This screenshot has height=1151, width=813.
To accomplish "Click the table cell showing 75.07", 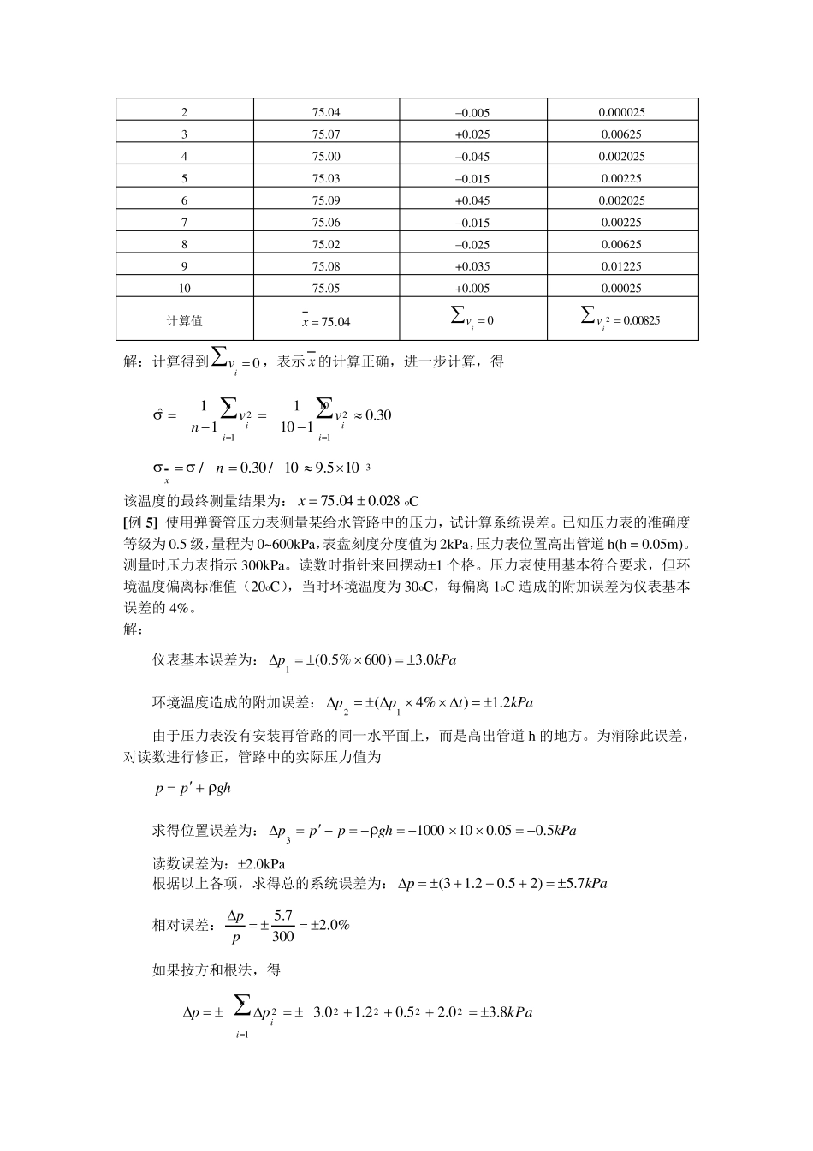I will coord(326,134).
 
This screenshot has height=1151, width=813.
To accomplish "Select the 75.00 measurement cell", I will coord(326,157).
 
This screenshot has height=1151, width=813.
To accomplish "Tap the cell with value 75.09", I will coord(326,200).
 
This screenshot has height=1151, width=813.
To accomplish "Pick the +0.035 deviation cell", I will coord(472,266).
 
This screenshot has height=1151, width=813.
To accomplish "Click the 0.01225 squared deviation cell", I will coord(621,266).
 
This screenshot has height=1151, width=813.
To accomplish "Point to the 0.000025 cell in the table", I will coord(621,112).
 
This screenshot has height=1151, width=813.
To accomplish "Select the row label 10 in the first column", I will coord(184,289).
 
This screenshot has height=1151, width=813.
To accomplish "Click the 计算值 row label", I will coord(184,321).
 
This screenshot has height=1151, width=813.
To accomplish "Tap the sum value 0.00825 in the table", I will coord(633,320).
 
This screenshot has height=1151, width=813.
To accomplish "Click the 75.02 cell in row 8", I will coord(326,244).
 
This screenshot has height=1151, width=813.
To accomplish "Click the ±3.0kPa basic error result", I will coord(431,660).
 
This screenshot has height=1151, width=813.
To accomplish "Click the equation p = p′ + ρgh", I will coord(193,789).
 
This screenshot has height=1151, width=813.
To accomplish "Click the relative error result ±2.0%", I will coord(329,926).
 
